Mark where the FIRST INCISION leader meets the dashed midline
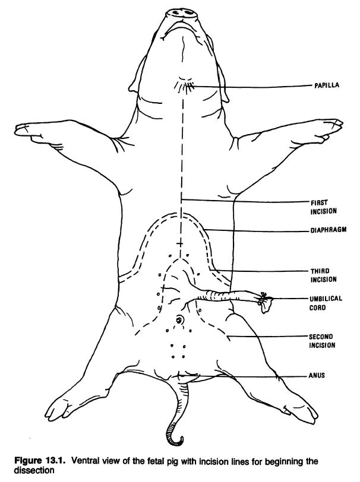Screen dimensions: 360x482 point(181,200)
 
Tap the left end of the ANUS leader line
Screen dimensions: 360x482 point(182,375)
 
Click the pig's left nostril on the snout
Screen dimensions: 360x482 point(176,12)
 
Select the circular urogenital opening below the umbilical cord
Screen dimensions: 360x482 point(179,320)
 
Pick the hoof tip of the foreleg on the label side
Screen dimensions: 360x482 point(339,124)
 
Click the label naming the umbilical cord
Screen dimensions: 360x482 point(321,303)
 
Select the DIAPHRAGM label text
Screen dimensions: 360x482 point(329,230)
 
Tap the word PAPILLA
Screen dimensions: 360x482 point(327,85)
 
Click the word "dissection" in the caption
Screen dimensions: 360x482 point(34,470)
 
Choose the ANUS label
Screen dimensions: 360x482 point(317,375)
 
